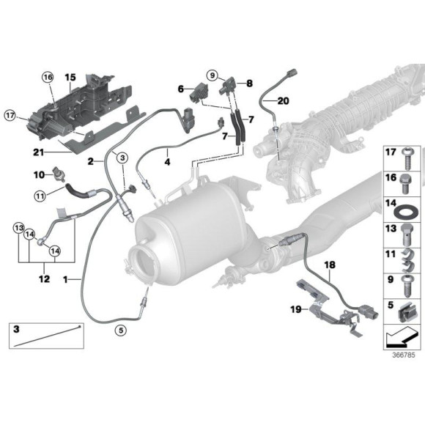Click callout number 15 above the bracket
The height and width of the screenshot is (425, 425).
coord(70,77)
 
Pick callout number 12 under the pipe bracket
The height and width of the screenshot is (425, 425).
coord(45,278)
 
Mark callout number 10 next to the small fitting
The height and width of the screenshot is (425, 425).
coord(41,174)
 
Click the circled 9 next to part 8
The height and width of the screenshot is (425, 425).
coord(212,74)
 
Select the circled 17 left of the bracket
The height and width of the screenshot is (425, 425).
coord(11,115)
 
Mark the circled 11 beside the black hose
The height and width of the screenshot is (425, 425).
coord(41,195)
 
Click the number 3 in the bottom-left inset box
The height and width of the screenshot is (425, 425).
coord(17,331)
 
